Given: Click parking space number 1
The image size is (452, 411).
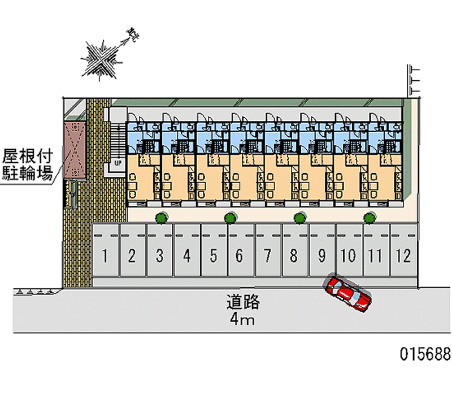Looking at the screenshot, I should (105, 256).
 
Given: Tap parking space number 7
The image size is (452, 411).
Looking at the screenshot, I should (267, 256).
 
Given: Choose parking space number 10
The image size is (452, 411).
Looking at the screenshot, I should (349, 256).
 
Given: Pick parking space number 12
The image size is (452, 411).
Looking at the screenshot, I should (403, 256).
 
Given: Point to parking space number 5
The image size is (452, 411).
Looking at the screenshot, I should (214, 256).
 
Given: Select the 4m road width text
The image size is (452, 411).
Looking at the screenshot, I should (242, 321).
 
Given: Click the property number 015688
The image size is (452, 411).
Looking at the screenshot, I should (425, 354).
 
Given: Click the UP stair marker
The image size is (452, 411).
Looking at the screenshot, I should (118, 163).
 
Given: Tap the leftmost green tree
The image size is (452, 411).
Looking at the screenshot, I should (161, 217).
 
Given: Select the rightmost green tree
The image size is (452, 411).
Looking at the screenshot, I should (370, 217).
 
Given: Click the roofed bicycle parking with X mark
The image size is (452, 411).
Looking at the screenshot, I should (74, 149).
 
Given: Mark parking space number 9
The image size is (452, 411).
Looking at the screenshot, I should (321, 256).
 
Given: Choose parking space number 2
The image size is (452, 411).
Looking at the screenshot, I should (132, 256).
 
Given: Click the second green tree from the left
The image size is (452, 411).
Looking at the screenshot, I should (229, 217).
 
